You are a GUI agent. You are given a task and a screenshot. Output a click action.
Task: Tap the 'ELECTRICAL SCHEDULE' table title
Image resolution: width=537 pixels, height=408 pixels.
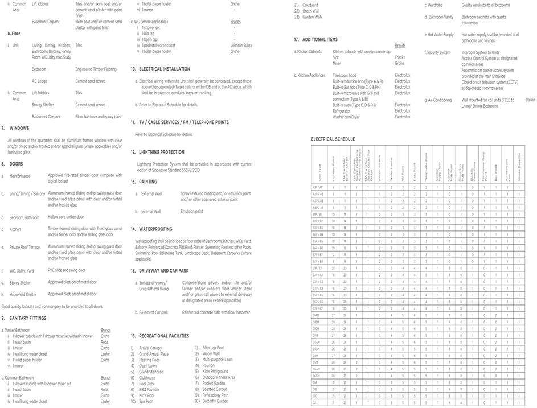point(333,139)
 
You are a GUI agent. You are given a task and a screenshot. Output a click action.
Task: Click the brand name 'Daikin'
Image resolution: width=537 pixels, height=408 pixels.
point(530,100)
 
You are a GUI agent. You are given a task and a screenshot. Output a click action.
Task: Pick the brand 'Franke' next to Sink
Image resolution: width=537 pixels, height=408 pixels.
point(400,57)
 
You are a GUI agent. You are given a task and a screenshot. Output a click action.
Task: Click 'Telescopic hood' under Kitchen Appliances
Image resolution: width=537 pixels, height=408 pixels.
point(345,75)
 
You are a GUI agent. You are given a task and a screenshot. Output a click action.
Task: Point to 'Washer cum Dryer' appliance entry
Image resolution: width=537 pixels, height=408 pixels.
point(346,117)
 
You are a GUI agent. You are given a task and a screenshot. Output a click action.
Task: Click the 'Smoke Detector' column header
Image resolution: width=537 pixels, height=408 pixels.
point(518,166)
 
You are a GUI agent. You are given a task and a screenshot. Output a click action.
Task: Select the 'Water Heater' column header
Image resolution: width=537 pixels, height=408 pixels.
point(391,166)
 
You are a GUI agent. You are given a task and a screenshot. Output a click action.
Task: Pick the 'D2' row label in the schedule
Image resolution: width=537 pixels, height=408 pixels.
point(314,402)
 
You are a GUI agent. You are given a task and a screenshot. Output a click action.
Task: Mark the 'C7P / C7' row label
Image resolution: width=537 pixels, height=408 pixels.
point(318,308)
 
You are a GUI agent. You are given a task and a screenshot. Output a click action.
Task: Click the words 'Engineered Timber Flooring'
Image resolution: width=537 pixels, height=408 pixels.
point(96,69)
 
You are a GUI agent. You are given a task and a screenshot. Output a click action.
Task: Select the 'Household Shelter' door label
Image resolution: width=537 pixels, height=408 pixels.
point(23,294)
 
